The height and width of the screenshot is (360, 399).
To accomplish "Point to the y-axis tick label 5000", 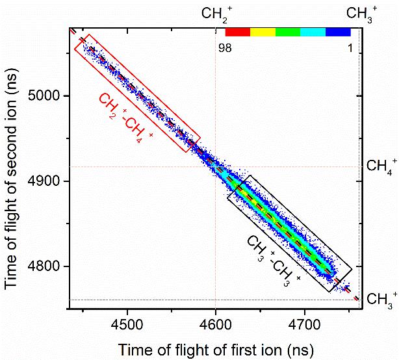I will pos(46,96).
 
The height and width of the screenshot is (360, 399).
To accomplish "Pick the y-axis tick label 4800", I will pos(46,266).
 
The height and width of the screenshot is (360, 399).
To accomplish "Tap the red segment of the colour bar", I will pos(237,31).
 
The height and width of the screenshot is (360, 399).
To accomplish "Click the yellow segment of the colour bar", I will pos(263,31).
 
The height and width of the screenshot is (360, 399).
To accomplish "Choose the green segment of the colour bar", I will pos(288,31).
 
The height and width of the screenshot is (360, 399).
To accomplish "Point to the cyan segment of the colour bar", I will pos(313,31).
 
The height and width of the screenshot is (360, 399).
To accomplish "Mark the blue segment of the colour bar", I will pos(338,31).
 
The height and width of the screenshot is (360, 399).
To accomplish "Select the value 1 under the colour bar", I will pos(350,47).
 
